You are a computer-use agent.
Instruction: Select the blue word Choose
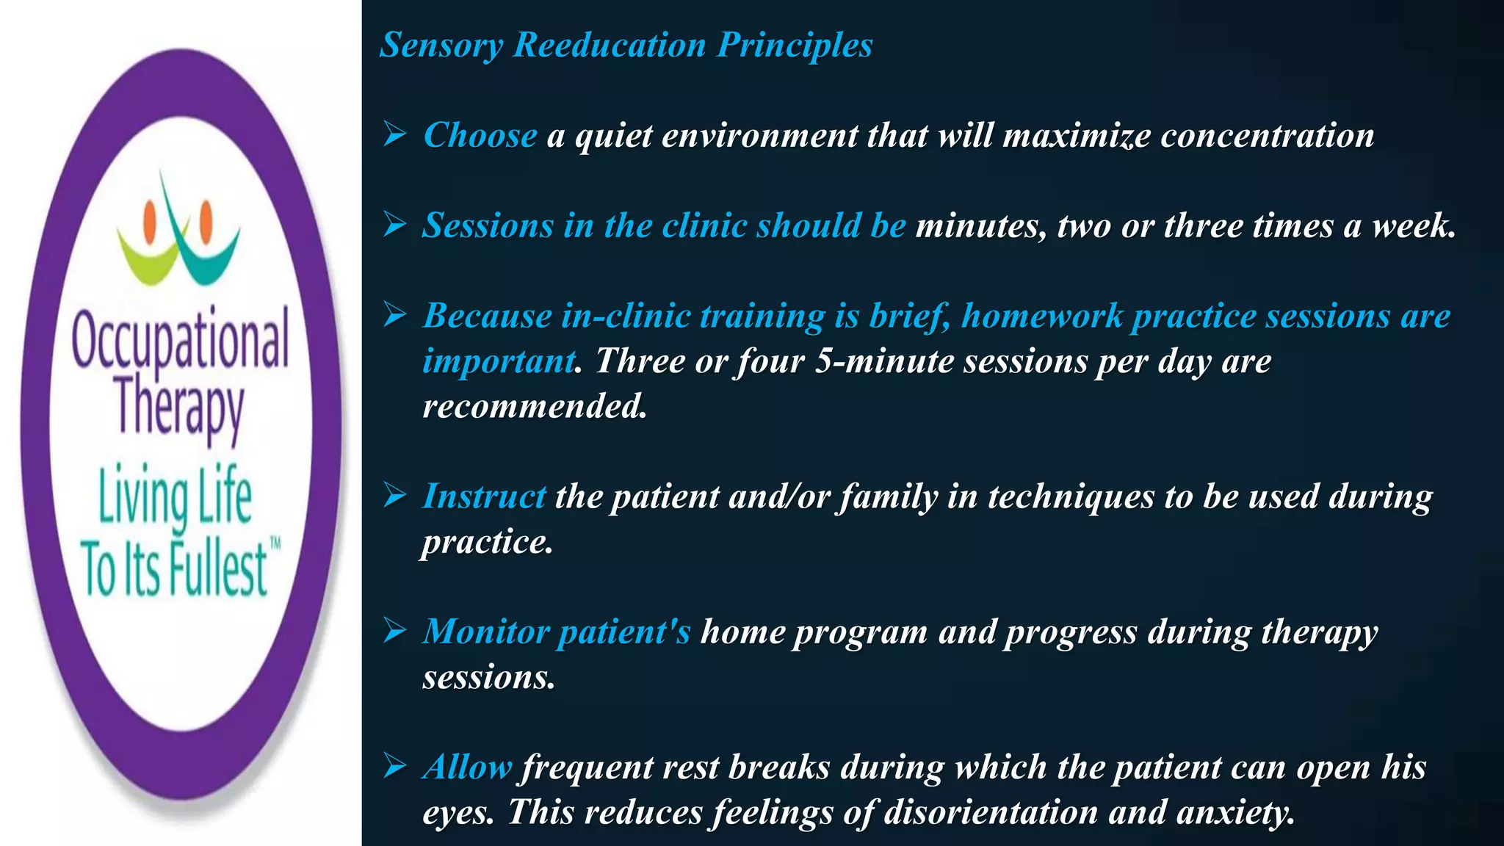[480, 136]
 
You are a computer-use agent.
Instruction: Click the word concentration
[1267, 136]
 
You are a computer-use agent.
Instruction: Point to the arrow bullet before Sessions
[395, 225]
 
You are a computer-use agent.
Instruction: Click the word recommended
[535, 406]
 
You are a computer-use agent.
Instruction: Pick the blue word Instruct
[484, 496]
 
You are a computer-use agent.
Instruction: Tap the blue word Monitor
[486, 632]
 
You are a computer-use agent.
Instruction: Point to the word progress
[1070, 632]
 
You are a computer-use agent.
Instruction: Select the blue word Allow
[467, 767]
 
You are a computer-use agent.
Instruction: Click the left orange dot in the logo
[151, 218]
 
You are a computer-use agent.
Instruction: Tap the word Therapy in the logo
[180, 408]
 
